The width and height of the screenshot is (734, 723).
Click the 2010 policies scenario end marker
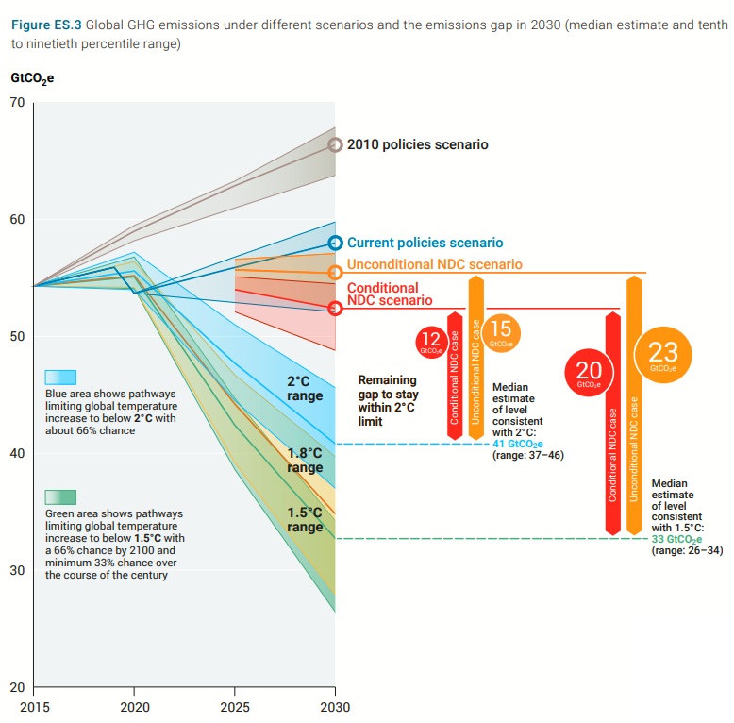(335, 144)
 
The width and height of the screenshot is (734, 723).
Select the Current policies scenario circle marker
(335, 244)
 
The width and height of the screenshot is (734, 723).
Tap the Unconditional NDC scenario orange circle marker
(335, 273)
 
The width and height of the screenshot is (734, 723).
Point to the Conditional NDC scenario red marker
(335, 308)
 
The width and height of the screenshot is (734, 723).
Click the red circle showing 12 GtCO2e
(430, 342)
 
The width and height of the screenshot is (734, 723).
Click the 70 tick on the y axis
(16, 102)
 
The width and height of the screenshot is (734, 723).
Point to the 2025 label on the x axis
(235, 707)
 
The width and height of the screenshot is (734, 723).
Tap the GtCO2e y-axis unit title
(31, 78)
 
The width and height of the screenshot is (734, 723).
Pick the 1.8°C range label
(305, 461)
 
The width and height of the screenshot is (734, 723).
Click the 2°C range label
(298, 389)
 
